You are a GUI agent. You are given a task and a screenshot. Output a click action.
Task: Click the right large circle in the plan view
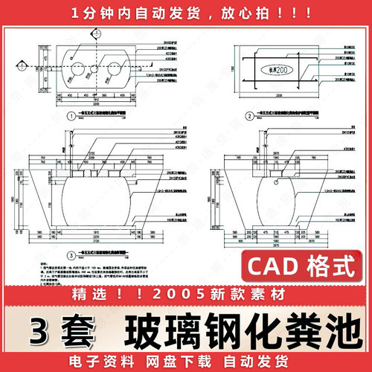pos(115,71)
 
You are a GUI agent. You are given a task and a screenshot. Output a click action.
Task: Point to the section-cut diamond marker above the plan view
pos(98,33)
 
